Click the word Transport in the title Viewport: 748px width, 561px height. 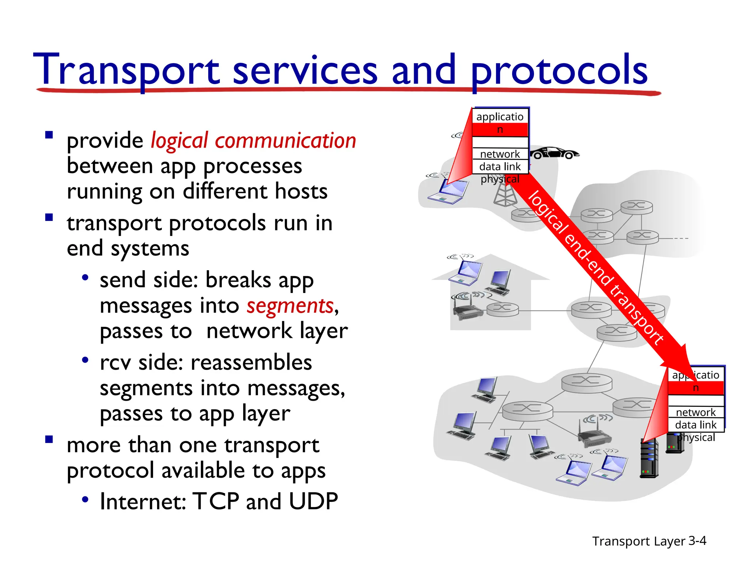coord(126,69)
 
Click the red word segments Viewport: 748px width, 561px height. coord(290,306)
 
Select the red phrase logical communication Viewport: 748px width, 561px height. coord(253,141)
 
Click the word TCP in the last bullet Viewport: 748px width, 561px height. coord(216,501)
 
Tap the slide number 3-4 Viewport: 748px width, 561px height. coord(697,541)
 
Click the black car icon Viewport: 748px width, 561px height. coord(554,153)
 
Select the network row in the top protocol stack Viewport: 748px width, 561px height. coord(500,154)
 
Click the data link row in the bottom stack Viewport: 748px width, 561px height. coord(695,425)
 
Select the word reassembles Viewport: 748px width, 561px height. coord(251,363)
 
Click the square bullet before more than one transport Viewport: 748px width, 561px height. coord(49,439)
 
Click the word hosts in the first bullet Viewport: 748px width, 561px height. coord(301,191)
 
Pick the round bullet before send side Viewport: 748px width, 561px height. coord(85,278)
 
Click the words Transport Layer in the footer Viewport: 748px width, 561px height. coord(638,541)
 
